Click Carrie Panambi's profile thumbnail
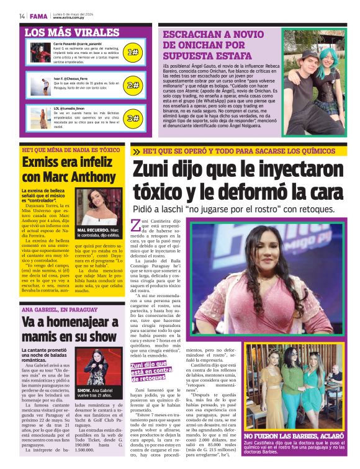coord(41,53)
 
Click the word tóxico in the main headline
coord(163,193)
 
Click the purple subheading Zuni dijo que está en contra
coord(155,372)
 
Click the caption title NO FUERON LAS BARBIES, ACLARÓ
coord(290,437)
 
